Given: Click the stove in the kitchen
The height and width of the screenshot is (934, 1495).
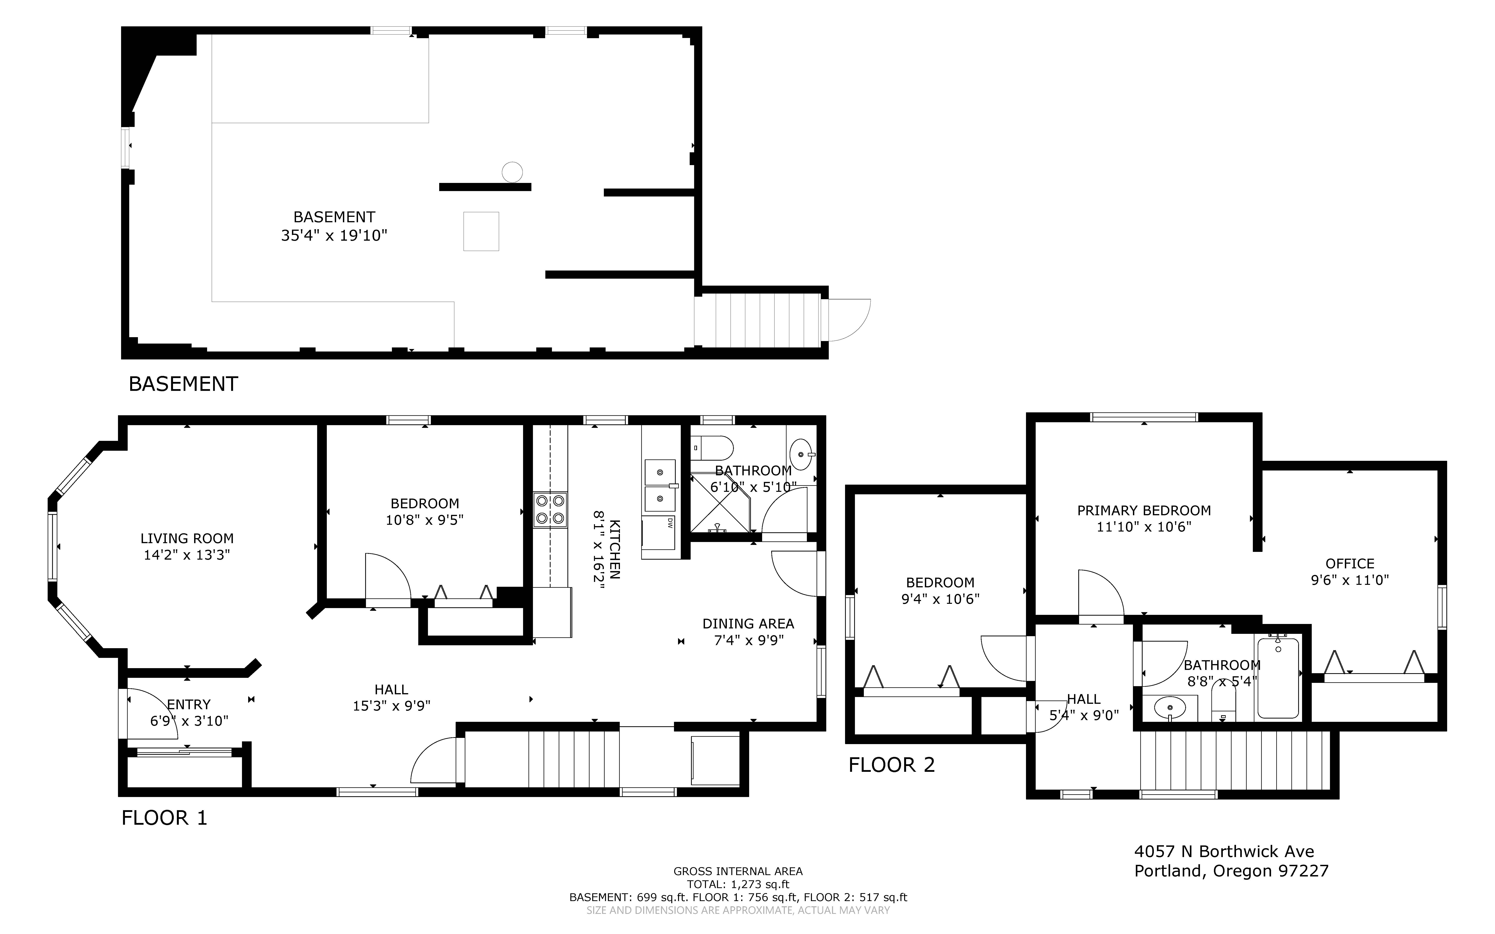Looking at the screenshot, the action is click(550, 510).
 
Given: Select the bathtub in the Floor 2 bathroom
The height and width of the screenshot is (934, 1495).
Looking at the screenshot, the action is click(1278, 678).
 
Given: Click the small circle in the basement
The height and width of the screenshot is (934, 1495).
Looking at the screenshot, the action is click(512, 172).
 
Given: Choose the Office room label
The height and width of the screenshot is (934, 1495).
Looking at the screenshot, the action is click(1350, 563).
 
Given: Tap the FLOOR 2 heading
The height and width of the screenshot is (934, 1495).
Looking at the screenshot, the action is click(892, 765).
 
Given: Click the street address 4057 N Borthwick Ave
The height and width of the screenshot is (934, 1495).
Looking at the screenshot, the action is click(1224, 851).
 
